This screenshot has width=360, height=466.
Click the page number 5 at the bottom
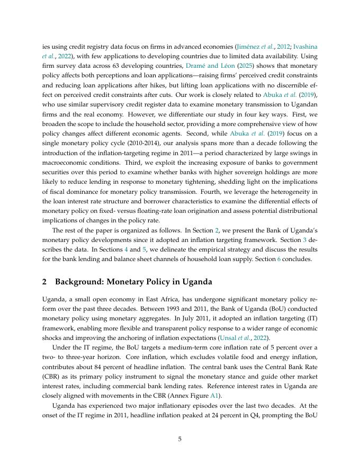179,438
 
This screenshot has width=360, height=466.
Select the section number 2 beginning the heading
45,282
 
